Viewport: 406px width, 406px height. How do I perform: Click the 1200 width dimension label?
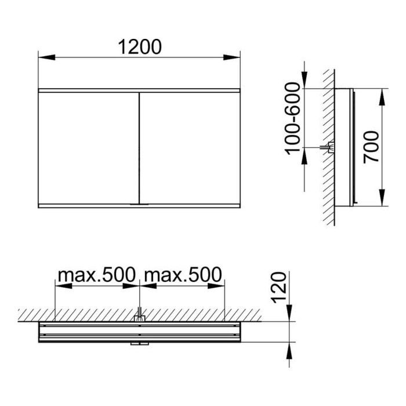[140, 47]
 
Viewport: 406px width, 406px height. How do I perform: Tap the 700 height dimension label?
[371, 147]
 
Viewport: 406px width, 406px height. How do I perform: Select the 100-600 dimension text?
[292, 118]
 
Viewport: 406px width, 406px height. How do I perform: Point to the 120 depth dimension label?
[278, 288]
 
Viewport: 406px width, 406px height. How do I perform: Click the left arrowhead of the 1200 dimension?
[46, 57]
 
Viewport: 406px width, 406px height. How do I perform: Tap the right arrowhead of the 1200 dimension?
[232, 57]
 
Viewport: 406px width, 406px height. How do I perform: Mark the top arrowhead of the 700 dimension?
[382, 97]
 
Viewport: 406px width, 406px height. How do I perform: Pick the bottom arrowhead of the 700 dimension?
[382, 198]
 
